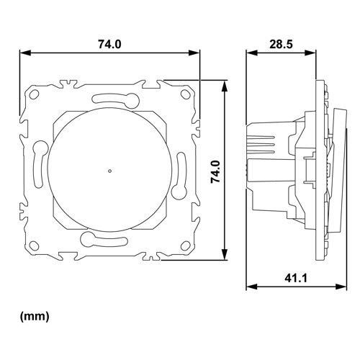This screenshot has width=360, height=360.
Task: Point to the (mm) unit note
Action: click(x=34, y=315)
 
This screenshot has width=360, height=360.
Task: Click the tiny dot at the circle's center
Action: click(x=108, y=171)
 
